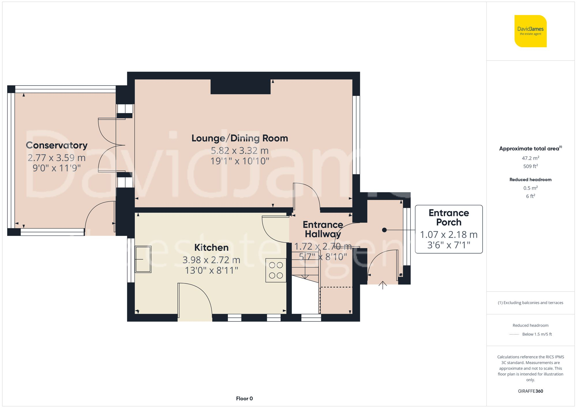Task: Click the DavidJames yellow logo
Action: tap(530, 31)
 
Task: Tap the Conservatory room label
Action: tap(57, 145)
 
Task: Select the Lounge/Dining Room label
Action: tap(239, 138)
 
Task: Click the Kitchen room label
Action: tap(211, 247)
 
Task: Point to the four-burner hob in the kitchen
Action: tap(276, 270)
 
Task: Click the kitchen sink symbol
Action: tap(143, 259)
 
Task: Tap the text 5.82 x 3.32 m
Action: tap(239, 151)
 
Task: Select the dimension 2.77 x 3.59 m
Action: tap(57, 158)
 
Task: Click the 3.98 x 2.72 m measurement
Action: tap(211, 260)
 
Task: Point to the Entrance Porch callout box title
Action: tap(449, 217)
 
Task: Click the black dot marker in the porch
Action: tap(384, 230)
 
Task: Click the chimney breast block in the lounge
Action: tap(240, 87)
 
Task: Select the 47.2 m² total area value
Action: tap(530, 158)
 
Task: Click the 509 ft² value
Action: tap(530, 166)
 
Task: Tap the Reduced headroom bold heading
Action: tap(530, 179)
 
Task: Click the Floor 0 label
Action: tap(244, 398)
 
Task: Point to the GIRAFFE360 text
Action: tap(530, 391)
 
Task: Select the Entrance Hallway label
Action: tap(323, 229)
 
